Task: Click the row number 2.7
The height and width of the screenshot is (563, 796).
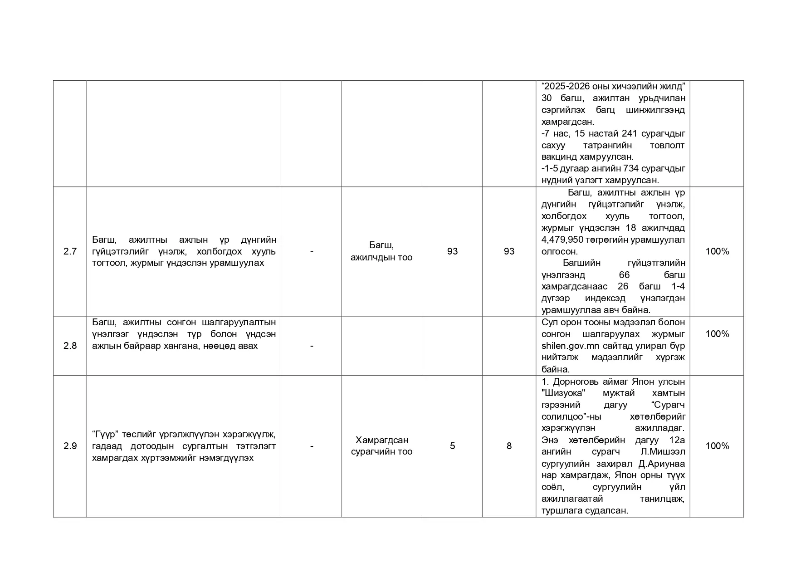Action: [70, 251]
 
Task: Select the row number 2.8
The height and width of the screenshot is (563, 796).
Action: [70, 346]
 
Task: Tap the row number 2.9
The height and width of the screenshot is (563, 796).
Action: [70, 446]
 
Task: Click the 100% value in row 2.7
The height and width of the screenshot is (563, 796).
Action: [717, 251]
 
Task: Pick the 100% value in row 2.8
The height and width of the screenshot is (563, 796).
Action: [717, 334]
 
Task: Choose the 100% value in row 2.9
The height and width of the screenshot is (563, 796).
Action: [717, 446]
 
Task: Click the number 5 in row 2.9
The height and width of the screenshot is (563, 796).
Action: [452, 446]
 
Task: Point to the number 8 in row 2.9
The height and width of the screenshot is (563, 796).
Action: [509, 446]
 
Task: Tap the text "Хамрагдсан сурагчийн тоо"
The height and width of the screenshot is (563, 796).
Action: [381, 446]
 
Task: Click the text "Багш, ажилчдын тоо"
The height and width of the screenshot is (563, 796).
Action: [381, 251]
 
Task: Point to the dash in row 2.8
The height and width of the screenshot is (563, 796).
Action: [312, 346]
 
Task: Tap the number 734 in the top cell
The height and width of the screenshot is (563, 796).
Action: [631, 169]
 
